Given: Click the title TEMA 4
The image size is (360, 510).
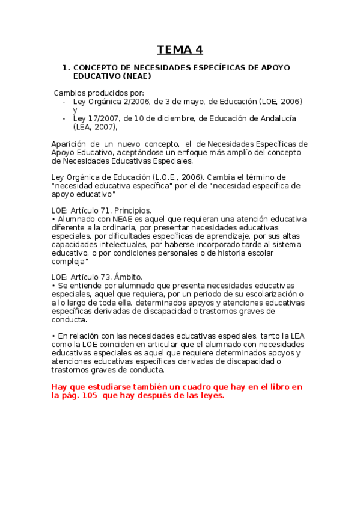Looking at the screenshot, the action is coord(180,49).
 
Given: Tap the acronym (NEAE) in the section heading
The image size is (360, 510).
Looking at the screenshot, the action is coord(136,76).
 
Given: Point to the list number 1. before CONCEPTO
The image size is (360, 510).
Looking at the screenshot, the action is coord(66,68).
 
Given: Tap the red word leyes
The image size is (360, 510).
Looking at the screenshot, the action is coord(207,395).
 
